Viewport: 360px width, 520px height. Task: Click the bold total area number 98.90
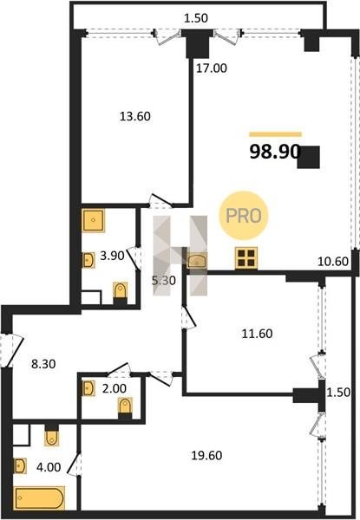[x=275, y=153]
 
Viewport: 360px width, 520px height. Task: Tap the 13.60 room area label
[x=134, y=116]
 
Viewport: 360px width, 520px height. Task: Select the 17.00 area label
[x=212, y=68]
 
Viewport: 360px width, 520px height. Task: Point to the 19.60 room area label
[x=206, y=455]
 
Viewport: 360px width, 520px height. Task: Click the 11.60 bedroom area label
[x=257, y=334]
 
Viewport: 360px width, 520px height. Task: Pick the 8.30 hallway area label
[x=43, y=365]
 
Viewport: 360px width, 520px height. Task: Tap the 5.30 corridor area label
[x=163, y=281]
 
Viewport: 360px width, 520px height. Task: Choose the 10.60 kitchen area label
[x=333, y=262]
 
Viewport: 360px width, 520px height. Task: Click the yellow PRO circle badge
[x=244, y=216]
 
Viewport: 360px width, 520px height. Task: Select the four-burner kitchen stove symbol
[x=245, y=257]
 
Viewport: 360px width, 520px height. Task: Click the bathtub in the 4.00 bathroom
[x=39, y=497]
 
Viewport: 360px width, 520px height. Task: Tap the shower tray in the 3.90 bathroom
[x=93, y=220]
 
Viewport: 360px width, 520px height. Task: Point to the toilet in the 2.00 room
[x=125, y=406]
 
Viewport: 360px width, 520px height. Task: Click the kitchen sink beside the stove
[x=197, y=260]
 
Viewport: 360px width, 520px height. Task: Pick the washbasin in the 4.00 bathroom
[x=20, y=465]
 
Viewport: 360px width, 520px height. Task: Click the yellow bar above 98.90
[x=275, y=134]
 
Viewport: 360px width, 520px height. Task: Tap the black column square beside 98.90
[x=309, y=157]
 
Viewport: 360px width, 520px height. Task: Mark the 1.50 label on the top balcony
[x=196, y=18]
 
